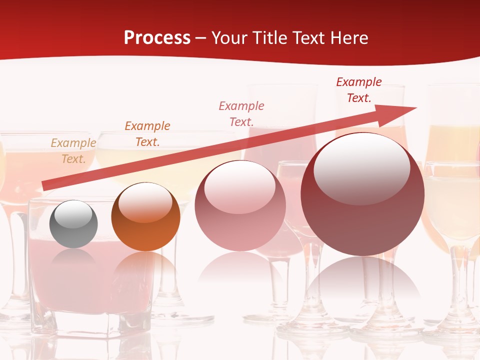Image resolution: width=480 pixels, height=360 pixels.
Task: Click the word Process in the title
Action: pos(157,38)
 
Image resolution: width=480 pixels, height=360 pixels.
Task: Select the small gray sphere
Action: pos(73,224)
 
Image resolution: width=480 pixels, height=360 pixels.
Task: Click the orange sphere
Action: pos(145,217)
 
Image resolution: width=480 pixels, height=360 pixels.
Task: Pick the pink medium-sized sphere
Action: pos(240,205)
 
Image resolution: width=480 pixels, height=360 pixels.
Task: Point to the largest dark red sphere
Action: pos(362,194)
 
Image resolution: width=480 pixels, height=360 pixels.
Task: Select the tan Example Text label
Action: pos(73,151)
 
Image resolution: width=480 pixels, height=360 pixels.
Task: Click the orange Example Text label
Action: pos(147,134)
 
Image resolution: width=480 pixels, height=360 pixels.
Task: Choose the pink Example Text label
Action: pos(241,113)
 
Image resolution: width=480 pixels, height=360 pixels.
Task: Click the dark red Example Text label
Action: pos(359,90)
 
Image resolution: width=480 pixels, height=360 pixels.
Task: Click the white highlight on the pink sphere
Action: pos(239,187)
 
